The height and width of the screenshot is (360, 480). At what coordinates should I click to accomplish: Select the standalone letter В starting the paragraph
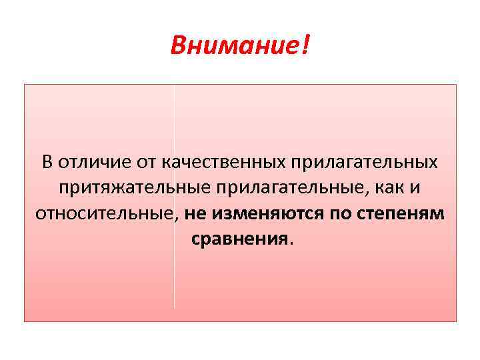(x=47, y=162)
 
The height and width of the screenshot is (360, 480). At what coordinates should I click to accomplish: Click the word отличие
(x=89, y=162)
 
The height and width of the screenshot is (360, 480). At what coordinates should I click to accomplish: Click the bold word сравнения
(x=239, y=239)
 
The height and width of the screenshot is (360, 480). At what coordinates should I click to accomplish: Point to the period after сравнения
(x=290, y=243)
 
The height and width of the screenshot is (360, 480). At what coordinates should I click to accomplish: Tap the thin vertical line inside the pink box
(x=174, y=280)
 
